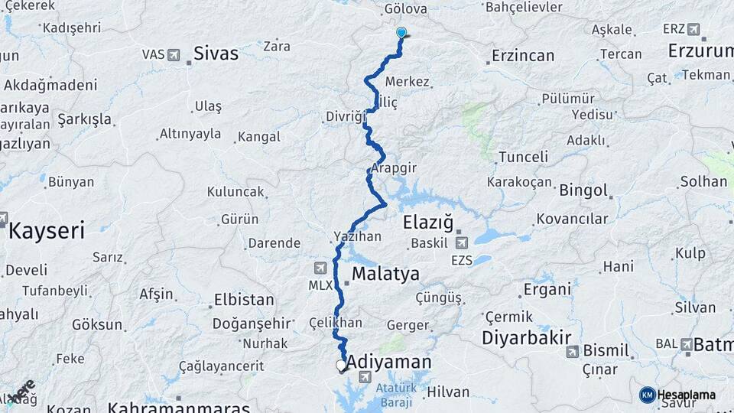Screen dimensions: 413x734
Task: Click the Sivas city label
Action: pos(216,54)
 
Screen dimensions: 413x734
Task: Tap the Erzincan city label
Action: pos(523,56)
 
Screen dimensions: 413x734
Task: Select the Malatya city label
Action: pos(385,274)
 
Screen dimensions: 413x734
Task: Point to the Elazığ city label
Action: pos(427,223)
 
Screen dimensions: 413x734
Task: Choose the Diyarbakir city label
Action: pos(527,338)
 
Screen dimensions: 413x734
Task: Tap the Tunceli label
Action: pos(523,157)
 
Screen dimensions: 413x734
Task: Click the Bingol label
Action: pos(583,190)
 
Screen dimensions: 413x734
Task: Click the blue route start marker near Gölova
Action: pos(401,33)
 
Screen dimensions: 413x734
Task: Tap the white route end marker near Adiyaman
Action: pos(341,366)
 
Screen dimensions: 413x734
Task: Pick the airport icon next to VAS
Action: pos(174,55)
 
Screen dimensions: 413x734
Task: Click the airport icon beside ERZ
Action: pos(693,29)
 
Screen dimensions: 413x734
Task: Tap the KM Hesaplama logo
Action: pos(677,395)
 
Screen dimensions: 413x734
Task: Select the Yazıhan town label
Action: pos(357,236)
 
